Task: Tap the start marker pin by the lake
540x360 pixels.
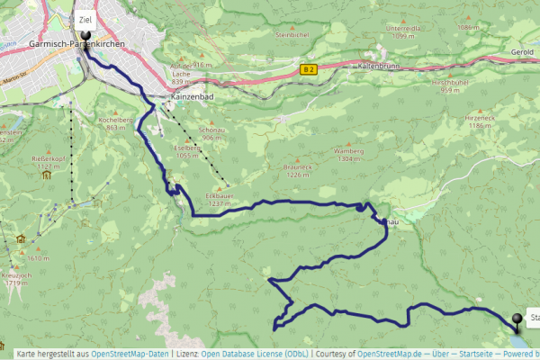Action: (517, 319)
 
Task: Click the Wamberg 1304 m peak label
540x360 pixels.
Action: (348, 154)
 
